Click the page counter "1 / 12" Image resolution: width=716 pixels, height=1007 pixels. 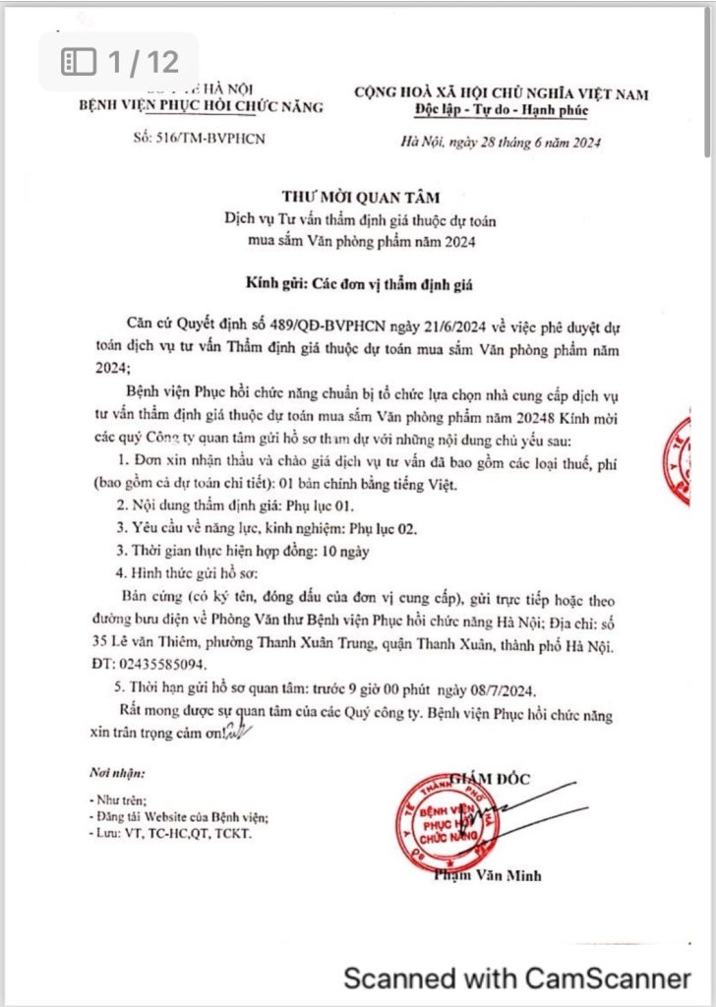tap(120, 62)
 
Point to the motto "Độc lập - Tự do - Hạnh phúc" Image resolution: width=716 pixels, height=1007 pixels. tap(502, 110)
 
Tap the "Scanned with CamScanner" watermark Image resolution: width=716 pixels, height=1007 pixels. tap(516, 978)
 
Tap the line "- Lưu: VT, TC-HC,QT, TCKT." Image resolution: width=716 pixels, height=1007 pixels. tap(170, 833)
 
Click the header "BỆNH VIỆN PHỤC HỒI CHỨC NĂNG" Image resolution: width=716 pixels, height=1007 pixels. tap(202, 105)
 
